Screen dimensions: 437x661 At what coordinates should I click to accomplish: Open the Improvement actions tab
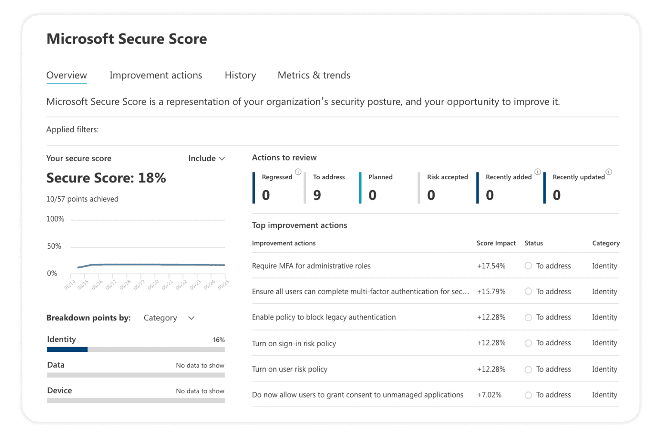(155, 75)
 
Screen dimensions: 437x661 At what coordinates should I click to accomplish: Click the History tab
(240, 75)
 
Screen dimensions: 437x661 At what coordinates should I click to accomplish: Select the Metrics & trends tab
(314, 75)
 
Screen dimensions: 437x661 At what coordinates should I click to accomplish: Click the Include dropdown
(207, 158)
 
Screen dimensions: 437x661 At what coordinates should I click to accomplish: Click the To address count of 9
(317, 195)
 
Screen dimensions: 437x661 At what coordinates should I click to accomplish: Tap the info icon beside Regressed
(298, 172)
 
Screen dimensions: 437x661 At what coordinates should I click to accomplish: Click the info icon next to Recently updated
(609, 172)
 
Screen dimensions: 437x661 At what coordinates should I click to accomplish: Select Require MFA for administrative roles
(311, 266)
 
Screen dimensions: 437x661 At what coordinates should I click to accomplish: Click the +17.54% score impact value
(491, 266)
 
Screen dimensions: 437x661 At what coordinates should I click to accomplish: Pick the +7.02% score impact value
(489, 395)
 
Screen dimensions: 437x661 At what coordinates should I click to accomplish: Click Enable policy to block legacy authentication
(324, 317)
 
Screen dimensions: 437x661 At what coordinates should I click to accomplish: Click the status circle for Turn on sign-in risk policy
(528, 343)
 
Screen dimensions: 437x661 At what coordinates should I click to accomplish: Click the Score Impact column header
(496, 243)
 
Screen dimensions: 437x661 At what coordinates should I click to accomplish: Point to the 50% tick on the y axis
(54, 246)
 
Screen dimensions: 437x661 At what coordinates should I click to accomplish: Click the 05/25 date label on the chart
(223, 285)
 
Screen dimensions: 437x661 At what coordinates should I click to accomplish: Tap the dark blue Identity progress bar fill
(67, 350)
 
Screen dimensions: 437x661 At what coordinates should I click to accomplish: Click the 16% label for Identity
(219, 340)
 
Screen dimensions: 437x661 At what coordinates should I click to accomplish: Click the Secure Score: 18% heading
(106, 178)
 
